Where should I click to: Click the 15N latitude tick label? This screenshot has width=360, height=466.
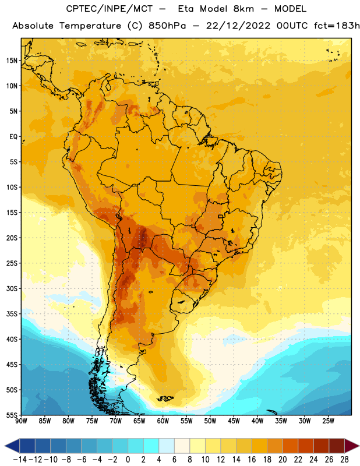12,61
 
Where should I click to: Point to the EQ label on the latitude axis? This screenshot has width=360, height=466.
13,137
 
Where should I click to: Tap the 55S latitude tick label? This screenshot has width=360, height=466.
12,415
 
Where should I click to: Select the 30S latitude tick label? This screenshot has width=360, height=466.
12,288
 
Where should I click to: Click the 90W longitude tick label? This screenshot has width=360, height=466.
21,421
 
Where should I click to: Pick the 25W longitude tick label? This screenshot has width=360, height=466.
328,421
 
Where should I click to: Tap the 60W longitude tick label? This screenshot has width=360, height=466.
163,421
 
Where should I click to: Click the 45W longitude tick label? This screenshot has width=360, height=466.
234,421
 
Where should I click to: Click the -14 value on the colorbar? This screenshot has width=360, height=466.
20,460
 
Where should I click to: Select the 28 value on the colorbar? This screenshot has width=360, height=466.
344,460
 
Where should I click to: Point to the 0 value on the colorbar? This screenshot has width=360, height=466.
128,460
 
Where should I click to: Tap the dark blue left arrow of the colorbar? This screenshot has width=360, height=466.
12,446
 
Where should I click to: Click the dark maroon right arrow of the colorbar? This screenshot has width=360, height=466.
352,446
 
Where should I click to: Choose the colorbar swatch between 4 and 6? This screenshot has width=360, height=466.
167,446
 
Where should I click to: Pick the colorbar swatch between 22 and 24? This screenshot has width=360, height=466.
306,446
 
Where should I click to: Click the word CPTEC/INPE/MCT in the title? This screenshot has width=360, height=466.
110,9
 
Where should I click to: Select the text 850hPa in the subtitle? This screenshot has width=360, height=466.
167,26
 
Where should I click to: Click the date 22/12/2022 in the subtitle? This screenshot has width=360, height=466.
238,26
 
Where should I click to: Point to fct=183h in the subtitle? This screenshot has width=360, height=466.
337,26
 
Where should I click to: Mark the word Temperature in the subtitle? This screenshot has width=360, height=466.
90,26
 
